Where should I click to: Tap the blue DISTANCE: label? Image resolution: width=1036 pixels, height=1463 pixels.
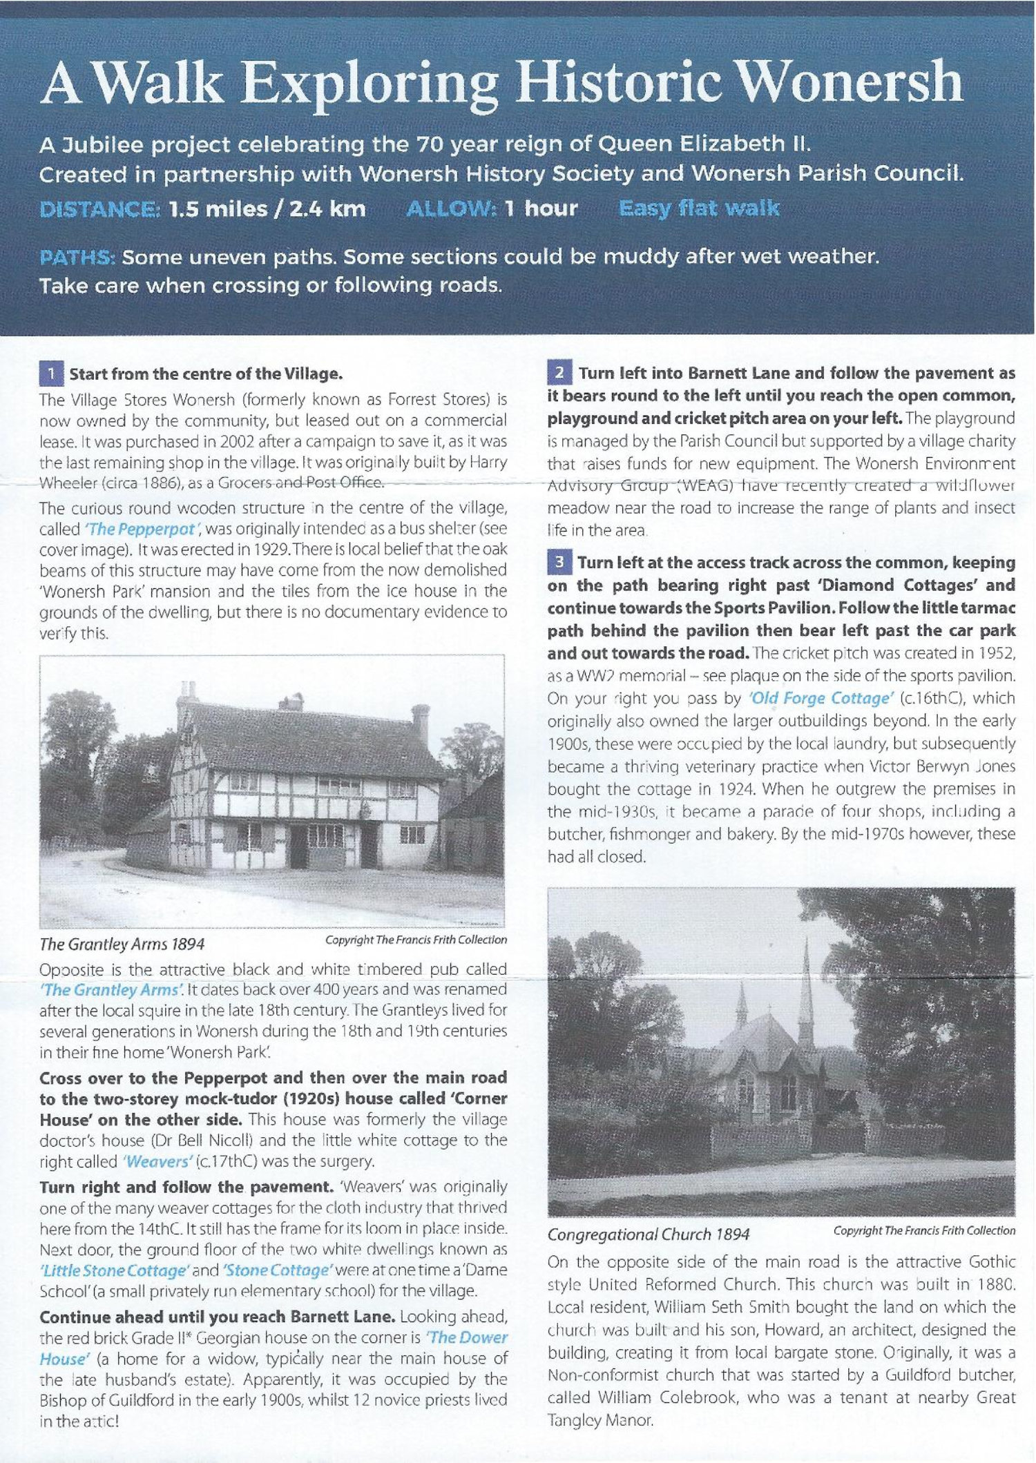(100, 209)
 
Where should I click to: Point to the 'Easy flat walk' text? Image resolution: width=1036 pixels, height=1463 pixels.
(699, 208)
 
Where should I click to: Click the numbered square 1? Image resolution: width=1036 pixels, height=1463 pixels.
(51, 374)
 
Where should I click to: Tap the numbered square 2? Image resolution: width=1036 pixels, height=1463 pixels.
(559, 373)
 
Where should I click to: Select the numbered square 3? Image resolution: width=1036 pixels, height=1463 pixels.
(559, 562)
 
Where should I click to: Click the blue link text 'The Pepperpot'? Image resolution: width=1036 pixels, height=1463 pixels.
(142, 530)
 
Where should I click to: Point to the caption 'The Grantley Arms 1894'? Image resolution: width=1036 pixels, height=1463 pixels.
(122, 944)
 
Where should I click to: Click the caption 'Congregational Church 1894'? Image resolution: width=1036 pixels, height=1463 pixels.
(648, 1234)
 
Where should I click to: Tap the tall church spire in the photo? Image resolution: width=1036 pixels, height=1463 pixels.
(806, 994)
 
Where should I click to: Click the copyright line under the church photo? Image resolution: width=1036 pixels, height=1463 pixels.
(924, 1230)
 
